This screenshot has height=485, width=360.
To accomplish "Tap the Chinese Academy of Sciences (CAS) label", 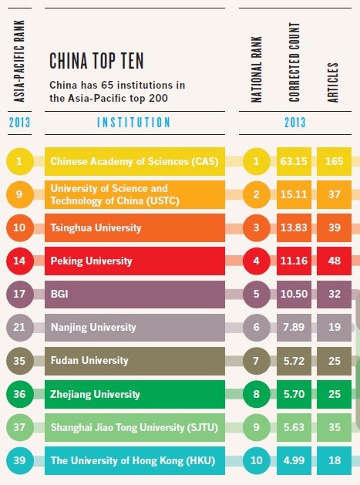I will click(135, 163).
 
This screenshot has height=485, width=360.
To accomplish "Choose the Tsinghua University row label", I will click(95, 228).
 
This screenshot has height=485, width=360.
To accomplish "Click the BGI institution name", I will click(59, 295).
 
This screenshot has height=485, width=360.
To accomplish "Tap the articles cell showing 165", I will click(335, 163).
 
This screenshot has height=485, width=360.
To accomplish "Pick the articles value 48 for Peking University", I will click(335, 261).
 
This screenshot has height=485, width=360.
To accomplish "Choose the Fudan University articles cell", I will click(335, 361).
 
